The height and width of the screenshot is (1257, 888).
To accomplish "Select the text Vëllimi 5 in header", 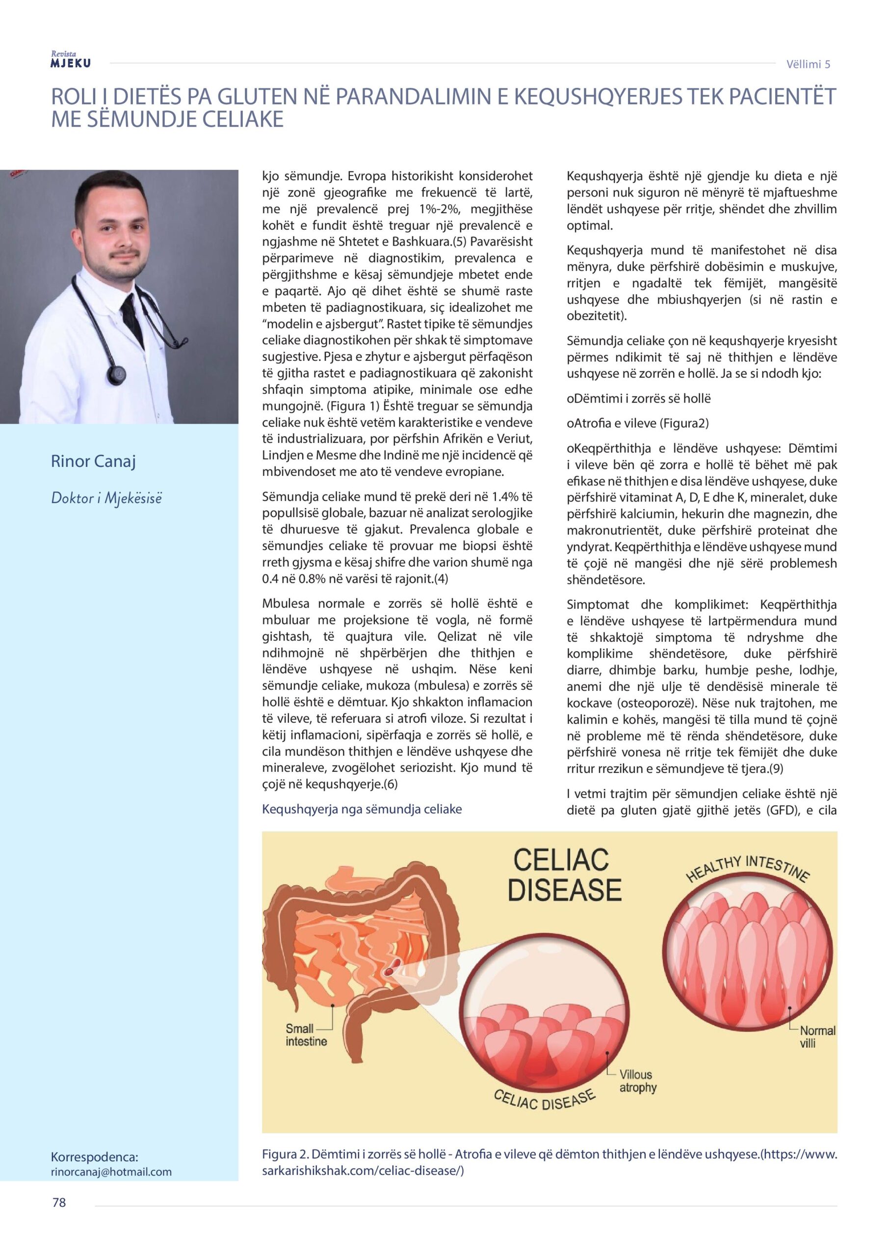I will pos(808,65).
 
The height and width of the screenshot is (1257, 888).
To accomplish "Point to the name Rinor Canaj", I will pos(93,462).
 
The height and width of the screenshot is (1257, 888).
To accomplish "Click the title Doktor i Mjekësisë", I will pos(106,498).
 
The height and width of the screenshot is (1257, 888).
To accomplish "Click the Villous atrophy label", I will pos(637,1081).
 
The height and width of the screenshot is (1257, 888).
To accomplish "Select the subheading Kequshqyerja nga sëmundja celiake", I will pos(362,809).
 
